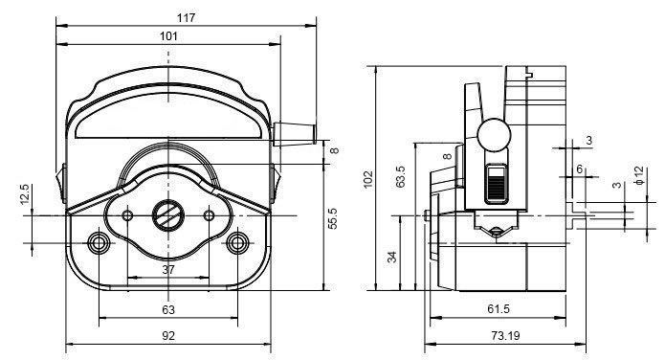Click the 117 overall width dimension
187,18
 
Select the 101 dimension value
168,36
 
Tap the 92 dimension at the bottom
168,336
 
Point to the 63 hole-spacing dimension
168,310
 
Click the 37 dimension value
168,270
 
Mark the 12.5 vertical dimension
25,194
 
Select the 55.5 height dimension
333,218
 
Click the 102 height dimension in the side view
368,179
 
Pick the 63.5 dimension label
400,176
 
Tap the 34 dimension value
392,257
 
